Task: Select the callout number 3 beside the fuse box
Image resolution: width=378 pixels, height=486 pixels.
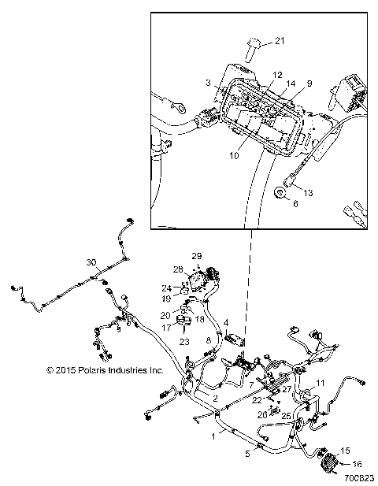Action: pyautogui.click(x=207, y=83)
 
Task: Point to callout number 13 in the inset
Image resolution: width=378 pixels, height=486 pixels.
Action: pyautogui.click(x=308, y=192)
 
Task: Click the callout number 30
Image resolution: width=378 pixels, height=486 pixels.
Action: pyautogui.click(x=91, y=262)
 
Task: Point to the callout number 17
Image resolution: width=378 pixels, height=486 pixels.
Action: pyautogui.click(x=166, y=327)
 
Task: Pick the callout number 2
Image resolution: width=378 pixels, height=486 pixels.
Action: pyautogui.click(x=215, y=399)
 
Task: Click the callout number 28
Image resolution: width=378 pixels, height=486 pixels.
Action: pyautogui.click(x=178, y=269)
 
